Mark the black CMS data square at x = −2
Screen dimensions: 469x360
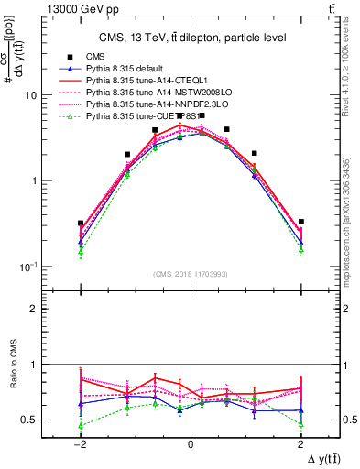tap(81, 223)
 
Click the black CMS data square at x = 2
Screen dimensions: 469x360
tap(301, 222)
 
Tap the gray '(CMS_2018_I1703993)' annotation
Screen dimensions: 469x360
tap(191, 273)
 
